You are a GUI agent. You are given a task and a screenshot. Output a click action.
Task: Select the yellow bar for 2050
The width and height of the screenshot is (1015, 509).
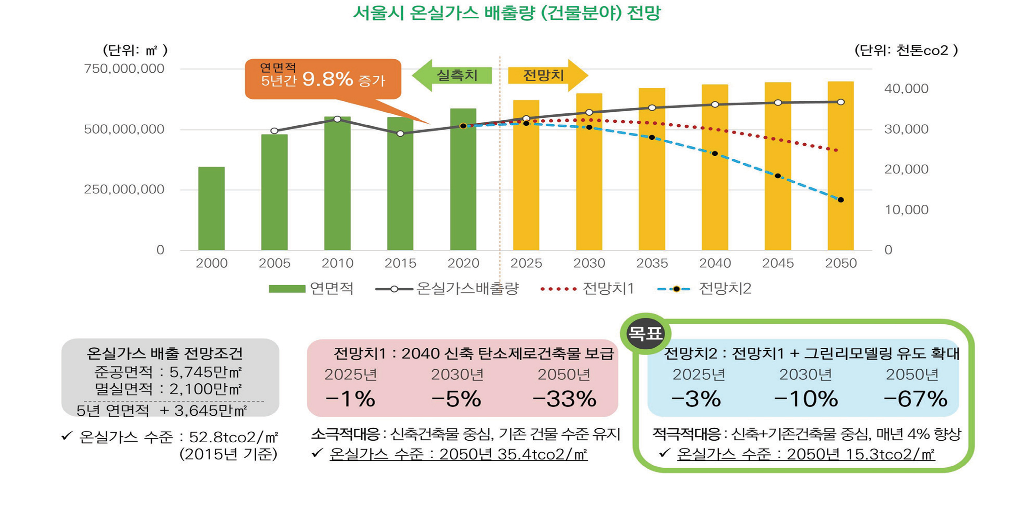tap(841, 166)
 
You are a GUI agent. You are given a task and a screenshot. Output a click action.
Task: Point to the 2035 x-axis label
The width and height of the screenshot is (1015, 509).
tap(652, 263)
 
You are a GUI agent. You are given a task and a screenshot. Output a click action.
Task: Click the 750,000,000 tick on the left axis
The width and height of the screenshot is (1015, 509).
tap(124, 69)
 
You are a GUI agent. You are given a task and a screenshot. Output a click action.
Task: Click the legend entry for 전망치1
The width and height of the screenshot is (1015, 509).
tap(587, 289)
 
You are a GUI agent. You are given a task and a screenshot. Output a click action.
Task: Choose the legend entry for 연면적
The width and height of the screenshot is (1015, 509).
tap(311, 289)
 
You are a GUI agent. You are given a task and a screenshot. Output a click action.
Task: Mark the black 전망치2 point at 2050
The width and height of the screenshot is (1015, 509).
tap(841, 200)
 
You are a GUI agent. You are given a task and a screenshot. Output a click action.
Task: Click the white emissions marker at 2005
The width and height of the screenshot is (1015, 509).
tap(274, 131)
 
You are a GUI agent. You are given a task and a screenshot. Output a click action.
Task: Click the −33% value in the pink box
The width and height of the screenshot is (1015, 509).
tap(564, 399)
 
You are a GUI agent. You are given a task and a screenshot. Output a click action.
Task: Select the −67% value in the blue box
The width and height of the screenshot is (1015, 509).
tap(915, 399)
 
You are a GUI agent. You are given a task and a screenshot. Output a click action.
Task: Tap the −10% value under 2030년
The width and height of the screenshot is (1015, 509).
tap(806, 399)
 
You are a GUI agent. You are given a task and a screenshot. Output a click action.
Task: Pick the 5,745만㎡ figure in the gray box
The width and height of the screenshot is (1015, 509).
tap(205, 372)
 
